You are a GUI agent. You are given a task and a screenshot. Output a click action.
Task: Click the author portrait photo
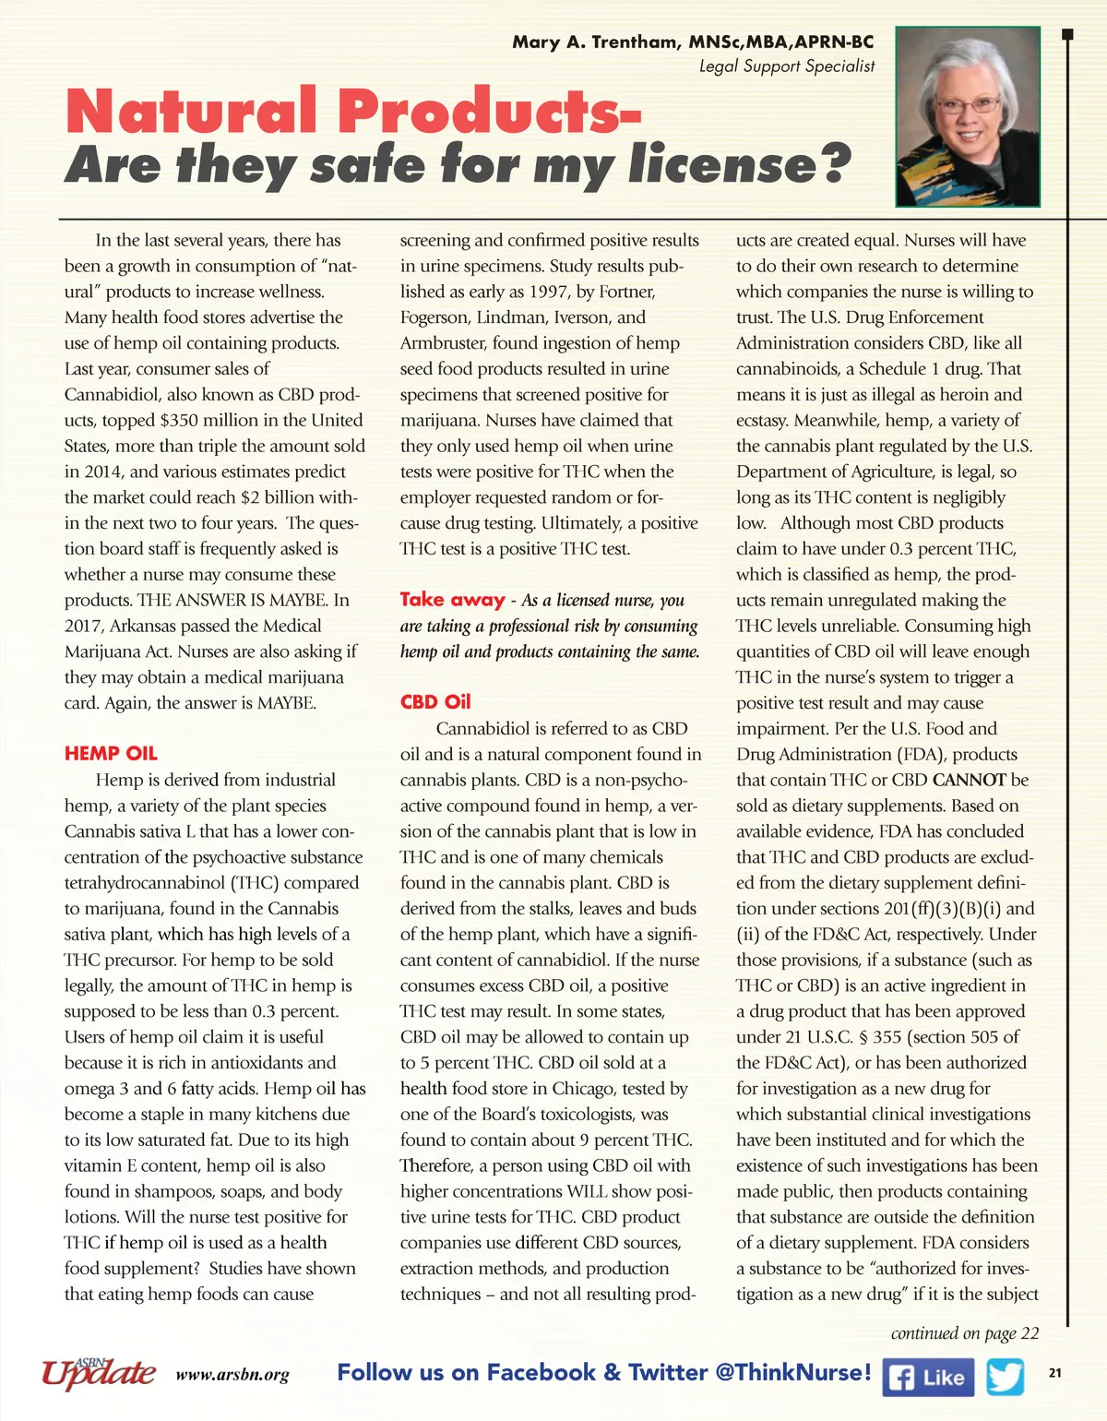click(x=968, y=116)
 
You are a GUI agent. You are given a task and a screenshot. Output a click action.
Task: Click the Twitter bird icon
click(x=1006, y=1377)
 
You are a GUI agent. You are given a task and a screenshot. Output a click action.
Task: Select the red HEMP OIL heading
click(x=111, y=753)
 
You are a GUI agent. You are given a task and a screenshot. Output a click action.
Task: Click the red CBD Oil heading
click(x=435, y=701)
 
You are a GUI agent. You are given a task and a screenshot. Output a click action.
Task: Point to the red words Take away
click(x=452, y=599)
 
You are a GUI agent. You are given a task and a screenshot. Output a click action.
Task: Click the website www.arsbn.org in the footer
click(x=232, y=1375)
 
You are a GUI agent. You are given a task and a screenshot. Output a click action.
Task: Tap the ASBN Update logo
click(x=98, y=1372)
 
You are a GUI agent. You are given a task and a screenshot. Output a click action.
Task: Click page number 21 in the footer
click(x=1055, y=1373)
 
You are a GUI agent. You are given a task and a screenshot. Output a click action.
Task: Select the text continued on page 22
click(x=964, y=1333)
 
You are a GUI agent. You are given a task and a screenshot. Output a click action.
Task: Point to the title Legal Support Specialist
click(x=787, y=66)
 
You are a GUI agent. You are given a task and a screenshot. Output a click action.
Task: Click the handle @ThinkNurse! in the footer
click(x=792, y=1372)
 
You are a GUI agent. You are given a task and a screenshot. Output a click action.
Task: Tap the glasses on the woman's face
click(x=968, y=104)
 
